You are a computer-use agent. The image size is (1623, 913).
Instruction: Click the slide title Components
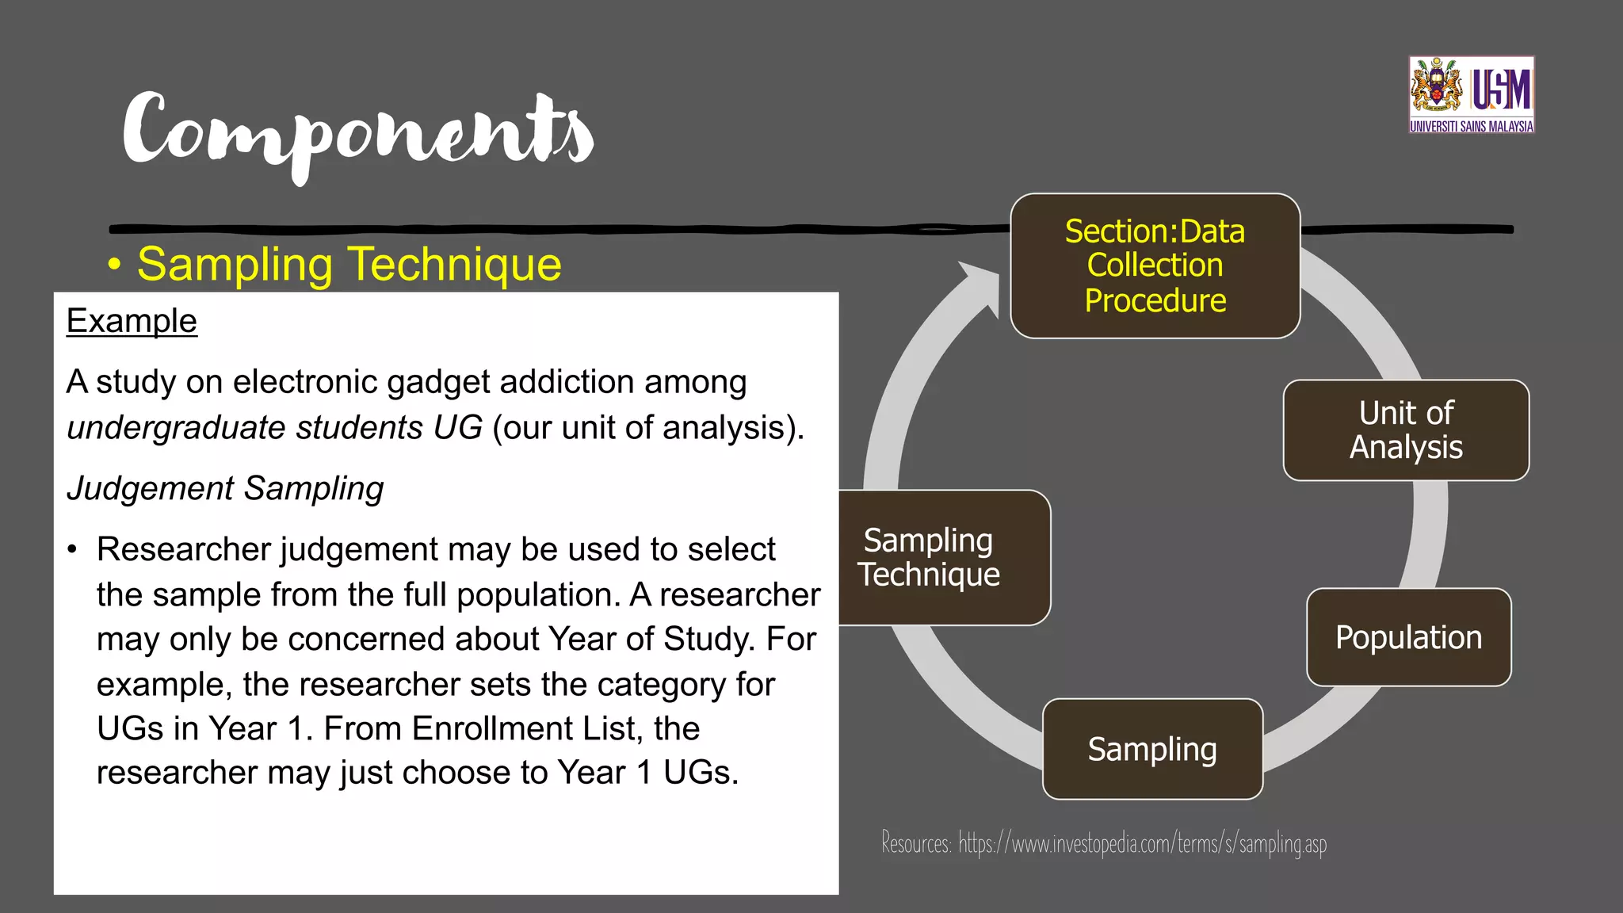pos(358,131)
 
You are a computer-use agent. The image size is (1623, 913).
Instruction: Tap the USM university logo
pos(1471,94)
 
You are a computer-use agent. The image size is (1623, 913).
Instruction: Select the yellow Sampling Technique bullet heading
pos(349,264)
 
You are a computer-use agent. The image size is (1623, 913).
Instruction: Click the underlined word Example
pos(132,321)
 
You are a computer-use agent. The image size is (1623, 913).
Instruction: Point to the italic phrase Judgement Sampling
pos(225,488)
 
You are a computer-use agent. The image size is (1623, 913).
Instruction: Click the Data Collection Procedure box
pos(1155,266)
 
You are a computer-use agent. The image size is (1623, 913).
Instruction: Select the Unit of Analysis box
pos(1406,430)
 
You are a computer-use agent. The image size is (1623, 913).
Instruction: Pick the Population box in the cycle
pos(1408,637)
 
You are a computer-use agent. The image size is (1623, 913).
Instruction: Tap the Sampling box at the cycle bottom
pos(1152,749)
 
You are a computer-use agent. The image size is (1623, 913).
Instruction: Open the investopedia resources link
pos(1142,843)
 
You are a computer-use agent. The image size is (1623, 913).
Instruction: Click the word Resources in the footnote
pos(916,842)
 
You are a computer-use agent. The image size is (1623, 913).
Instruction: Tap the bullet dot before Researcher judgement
pos(73,550)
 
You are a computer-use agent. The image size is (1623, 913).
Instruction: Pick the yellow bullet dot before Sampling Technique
pos(115,265)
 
